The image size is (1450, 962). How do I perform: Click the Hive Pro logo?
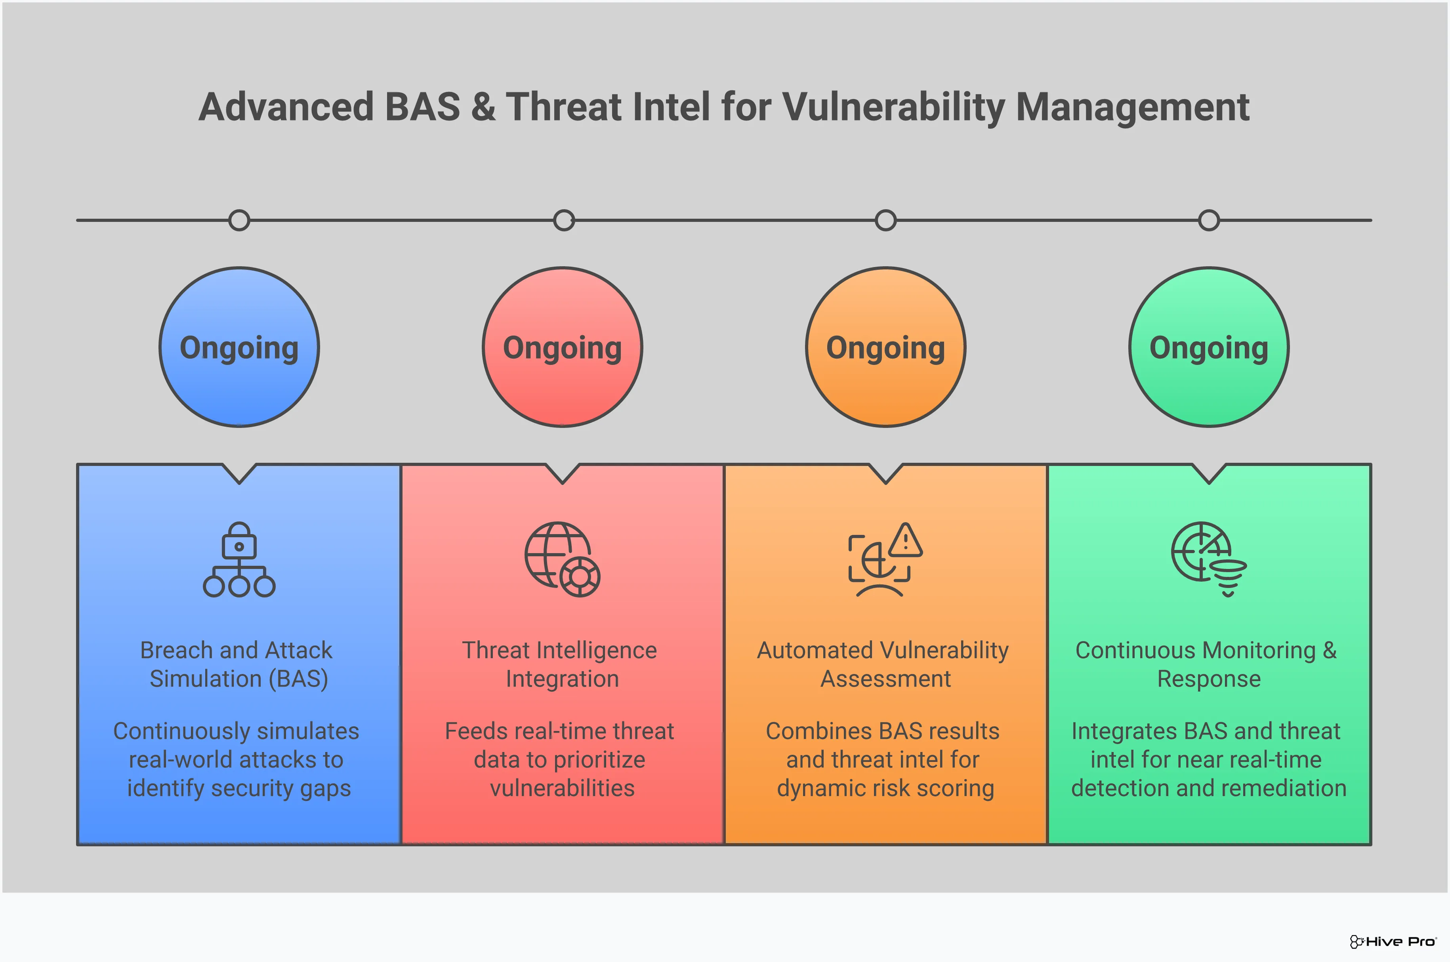click(x=1392, y=941)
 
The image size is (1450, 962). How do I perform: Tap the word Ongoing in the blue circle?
click(x=239, y=348)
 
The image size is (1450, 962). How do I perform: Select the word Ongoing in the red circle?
click(x=563, y=348)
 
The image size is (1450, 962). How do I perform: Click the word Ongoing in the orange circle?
click(x=886, y=348)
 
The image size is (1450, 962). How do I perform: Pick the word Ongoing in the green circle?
click(x=1209, y=348)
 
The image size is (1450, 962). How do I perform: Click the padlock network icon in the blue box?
click(x=239, y=559)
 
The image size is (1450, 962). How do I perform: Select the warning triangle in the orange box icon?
click(x=905, y=540)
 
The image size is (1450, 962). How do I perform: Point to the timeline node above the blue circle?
click(x=239, y=220)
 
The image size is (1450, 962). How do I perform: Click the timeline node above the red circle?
click(x=564, y=220)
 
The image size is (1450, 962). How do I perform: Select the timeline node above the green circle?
click(x=1209, y=220)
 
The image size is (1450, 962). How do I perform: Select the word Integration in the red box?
click(x=563, y=679)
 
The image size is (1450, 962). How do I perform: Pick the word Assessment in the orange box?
click(x=886, y=679)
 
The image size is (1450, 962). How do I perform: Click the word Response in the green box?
click(x=1209, y=679)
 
